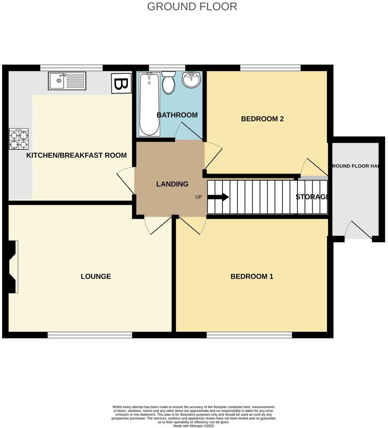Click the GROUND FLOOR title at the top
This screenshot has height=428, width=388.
(x=192, y=6)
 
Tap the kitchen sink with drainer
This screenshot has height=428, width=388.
(x=67, y=81)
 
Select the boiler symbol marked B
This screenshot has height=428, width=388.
(x=121, y=83)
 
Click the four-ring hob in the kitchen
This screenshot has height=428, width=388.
(x=19, y=139)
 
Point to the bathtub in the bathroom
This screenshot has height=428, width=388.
(x=149, y=104)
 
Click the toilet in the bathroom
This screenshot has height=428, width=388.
(x=168, y=82)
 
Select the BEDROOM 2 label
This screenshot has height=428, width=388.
(x=262, y=119)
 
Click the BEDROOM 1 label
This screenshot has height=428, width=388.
(x=252, y=276)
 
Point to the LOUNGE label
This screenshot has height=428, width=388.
(x=96, y=276)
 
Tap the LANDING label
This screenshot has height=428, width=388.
(x=172, y=184)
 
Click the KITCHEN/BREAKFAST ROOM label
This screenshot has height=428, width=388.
(x=77, y=156)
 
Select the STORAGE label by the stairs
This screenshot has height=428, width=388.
(x=312, y=197)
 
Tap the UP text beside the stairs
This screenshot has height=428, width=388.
(x=198, y=197)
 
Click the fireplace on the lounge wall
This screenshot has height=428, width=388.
(x=13, y=267)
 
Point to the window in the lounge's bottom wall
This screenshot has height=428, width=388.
(x=90, y=335)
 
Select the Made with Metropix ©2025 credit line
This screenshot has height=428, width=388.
(x=193, y=425)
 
